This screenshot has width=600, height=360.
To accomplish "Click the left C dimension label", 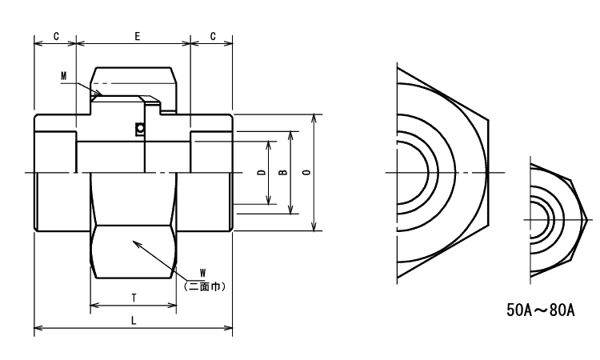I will point(54,36).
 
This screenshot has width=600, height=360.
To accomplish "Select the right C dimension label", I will point(211,36).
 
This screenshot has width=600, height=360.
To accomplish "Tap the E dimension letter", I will point(138,36).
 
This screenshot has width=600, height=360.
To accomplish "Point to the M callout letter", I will point(64,76).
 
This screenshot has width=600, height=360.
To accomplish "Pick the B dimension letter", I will point(282,173).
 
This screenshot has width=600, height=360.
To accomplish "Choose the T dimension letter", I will point(134,297).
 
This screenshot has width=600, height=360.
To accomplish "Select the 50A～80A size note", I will point(540,310).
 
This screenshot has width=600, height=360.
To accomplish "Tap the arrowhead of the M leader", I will point(100,94).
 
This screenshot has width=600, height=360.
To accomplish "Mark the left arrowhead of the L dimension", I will point(37,327).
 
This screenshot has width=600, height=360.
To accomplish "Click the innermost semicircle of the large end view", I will point(428,173).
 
